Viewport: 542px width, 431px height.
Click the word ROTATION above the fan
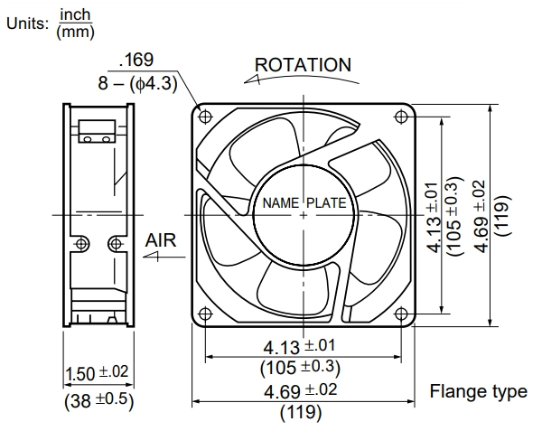tap(303, 65)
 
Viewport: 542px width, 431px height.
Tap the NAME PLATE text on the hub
tap(304, 203)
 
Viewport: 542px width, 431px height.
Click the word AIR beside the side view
tap(161, 240)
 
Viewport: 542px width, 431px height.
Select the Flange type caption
tap(479, 392)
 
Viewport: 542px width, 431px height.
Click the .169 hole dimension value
tap(136, 60)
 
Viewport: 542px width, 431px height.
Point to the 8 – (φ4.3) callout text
tap(137, 84)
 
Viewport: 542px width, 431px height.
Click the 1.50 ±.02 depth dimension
tap(97, 373)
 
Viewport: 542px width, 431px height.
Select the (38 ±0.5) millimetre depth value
tap(98, 400)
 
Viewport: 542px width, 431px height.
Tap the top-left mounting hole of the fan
tap(206, 117)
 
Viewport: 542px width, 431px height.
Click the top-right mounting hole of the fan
tap(401, 117)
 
